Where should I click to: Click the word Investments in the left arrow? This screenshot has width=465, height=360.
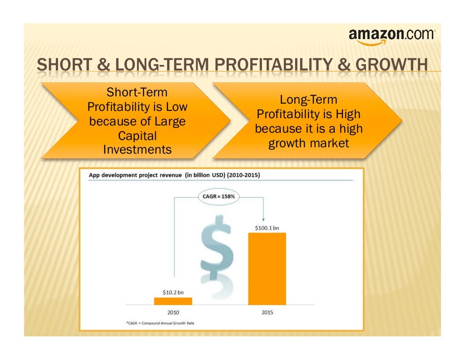coord(137,150)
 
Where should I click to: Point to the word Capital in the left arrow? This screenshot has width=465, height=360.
coord(137,135)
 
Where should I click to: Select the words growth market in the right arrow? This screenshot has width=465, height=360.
coord(309,143)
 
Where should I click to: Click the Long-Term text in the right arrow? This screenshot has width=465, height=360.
coord(309,100)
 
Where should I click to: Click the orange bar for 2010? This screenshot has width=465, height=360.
coord(173,301)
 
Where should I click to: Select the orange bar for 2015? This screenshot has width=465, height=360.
coord(267,268)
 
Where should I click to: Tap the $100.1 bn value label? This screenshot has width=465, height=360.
coord(267,227)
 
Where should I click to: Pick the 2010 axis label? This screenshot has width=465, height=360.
coord(173,312)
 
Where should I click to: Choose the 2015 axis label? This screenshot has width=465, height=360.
coord(267,312)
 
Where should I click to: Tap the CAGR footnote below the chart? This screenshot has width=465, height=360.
coord(163,323)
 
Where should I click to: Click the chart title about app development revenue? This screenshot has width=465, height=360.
coord(174,175)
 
